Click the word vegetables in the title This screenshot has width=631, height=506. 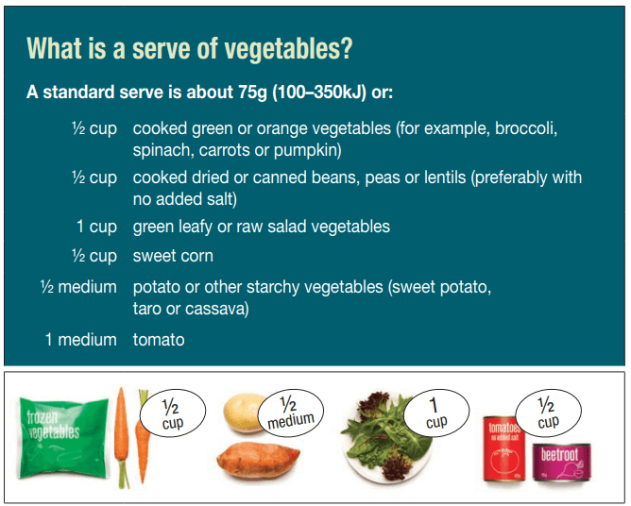pos(283,49)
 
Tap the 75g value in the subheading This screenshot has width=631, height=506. pos(253,93)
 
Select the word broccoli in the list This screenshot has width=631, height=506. pos(526,128)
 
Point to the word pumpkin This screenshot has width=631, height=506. pos(307,151)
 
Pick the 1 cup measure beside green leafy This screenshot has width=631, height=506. pos(96,227)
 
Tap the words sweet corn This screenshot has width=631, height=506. pos(173,256)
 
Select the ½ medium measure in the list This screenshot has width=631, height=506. pos(79,287)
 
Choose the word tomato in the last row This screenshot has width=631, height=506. pos(159,340)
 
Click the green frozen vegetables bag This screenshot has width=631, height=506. pos(63,437)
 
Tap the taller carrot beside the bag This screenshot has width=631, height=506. pos(121,436)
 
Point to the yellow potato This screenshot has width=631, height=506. pos(243,413)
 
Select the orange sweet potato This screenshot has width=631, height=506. pos(259,461)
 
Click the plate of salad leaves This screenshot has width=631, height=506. pos(386,438)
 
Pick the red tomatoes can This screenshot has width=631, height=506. pos(504,448)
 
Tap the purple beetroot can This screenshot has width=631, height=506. pos(562,463)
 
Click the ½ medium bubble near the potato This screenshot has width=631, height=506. pos(291,413)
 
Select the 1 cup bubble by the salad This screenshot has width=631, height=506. pos(436,413)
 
